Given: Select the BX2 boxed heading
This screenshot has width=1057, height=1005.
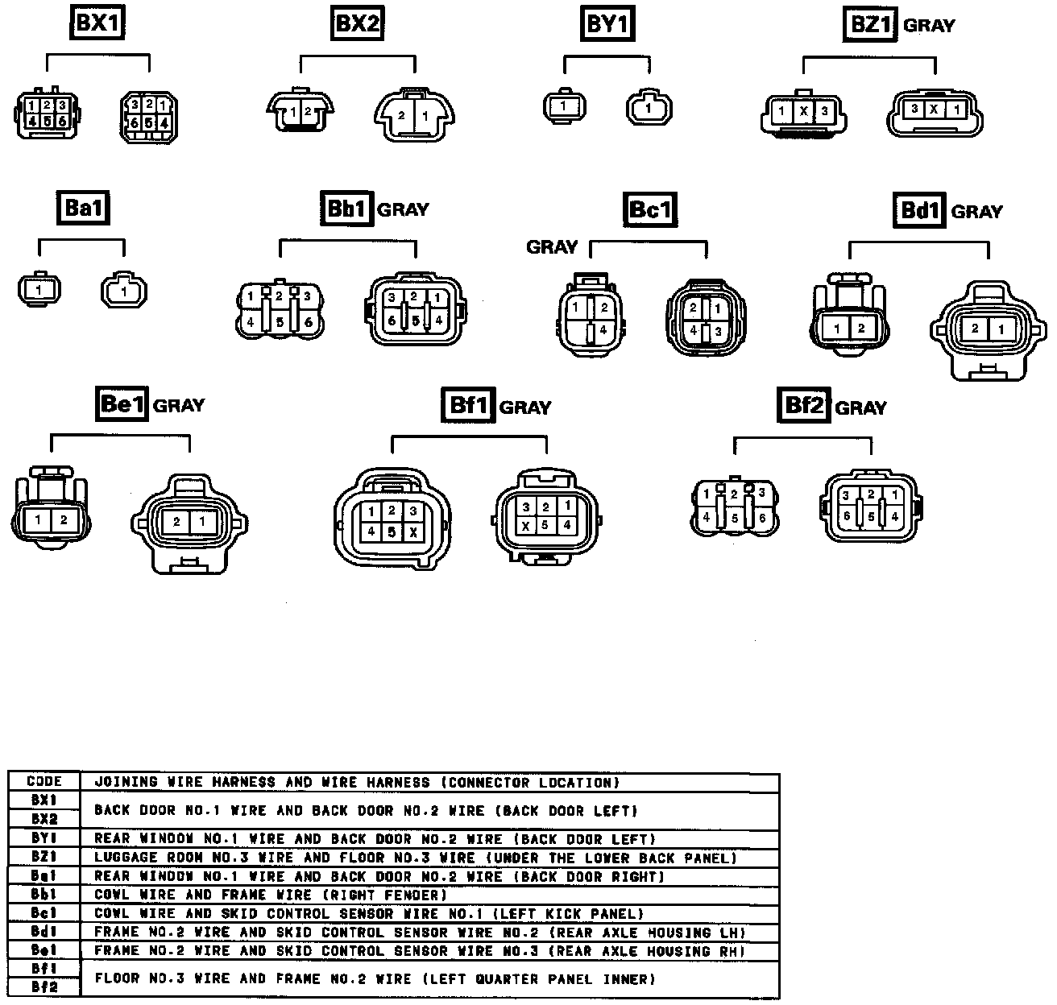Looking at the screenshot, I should click(x=357, y=23).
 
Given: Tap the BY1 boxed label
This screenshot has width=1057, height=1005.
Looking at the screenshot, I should click(x=607, y=24).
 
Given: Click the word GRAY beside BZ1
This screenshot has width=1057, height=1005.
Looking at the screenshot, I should click(x=929, y=26).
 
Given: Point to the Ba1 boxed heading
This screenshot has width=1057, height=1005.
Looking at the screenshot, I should click(x=84, y=209).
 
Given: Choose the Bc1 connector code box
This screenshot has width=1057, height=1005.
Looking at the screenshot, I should click(x=649, y=210).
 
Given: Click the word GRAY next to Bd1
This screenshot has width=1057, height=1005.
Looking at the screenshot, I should click(x=976, y=212).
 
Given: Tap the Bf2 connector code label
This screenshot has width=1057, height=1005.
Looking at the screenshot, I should click(x=804, y=405).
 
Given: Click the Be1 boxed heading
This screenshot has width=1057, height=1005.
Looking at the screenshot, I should click(x=122, y=403).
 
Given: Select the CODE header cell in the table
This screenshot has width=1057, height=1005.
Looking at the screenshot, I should click(x=44, y=782).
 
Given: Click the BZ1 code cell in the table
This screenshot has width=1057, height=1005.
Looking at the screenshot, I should click(x=44, y=858).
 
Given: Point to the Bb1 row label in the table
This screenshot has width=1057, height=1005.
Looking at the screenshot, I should click(x=44, y=895).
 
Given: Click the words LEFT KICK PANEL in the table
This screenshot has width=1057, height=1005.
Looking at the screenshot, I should click(x=567, y=914).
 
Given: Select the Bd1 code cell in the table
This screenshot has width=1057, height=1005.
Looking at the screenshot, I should click(x=44, y=933).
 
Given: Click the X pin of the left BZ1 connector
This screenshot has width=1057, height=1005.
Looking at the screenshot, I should click(x=803, y=111).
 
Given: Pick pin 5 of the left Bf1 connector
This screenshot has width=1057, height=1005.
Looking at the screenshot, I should click(x=392, y=531).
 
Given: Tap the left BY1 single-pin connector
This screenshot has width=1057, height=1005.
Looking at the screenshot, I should click(x=564, y=105).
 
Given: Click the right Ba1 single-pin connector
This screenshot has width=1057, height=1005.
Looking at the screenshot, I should click(x=123, y=292).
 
